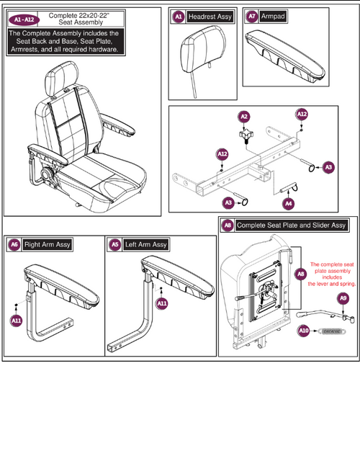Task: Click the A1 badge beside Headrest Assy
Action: (x=179, y=16)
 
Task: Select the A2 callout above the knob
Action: (x=244, y=116)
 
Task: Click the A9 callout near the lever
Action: (x=343, y=298)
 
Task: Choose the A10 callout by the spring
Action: (x=304, y=331)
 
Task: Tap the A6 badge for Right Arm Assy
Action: (x=14, y=244)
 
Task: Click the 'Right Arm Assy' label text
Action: (x=48, y=244)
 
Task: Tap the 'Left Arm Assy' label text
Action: (x=146, y=244)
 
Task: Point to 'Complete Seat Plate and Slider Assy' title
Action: (x=291, y=225)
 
